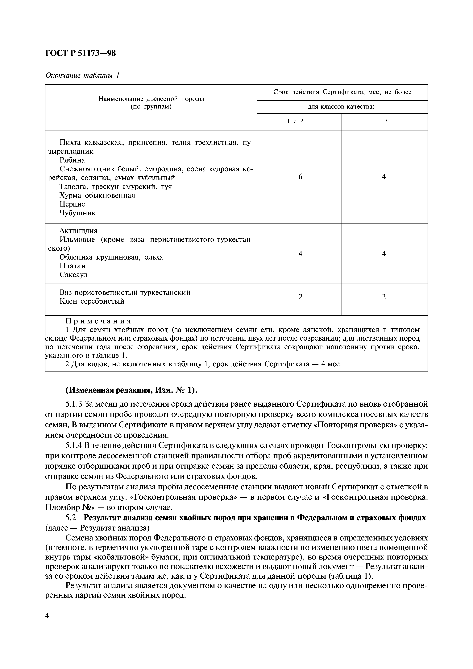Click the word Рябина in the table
[72, 160]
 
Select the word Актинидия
[78, 231]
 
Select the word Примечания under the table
[98, 321]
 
